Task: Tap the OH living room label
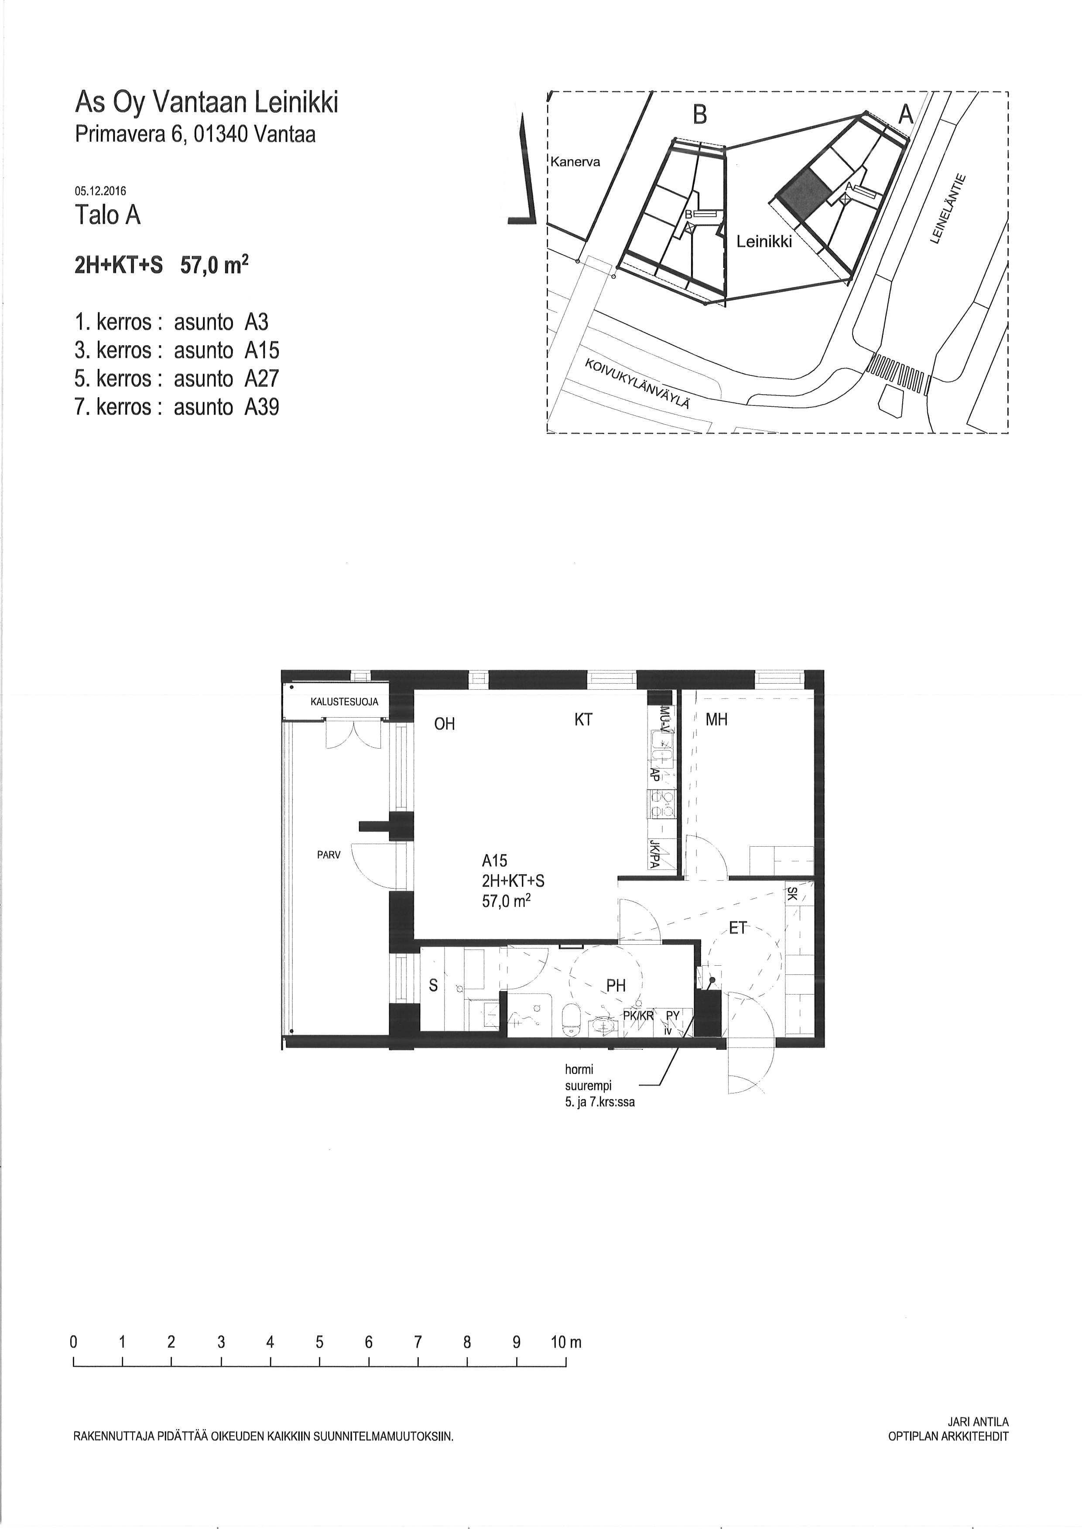pyautogui.click(x=445, y=724)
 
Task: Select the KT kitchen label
pyautogui.click(x=583, y=720)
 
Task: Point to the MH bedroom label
pyautogui.click(x=716, y=720)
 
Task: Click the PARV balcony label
pyautogui.click(x=329, y=855)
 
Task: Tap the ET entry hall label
pyautogui.click(x=737, y=928)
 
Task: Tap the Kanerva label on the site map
pyautogui.click(x=575, y=162)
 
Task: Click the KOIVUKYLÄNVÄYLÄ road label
pyautogui.click(x=637, y=384)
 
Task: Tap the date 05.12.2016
pyautogui.click(x=101, y=191)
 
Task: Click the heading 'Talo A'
pyautogui.click(x=108, y=215)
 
